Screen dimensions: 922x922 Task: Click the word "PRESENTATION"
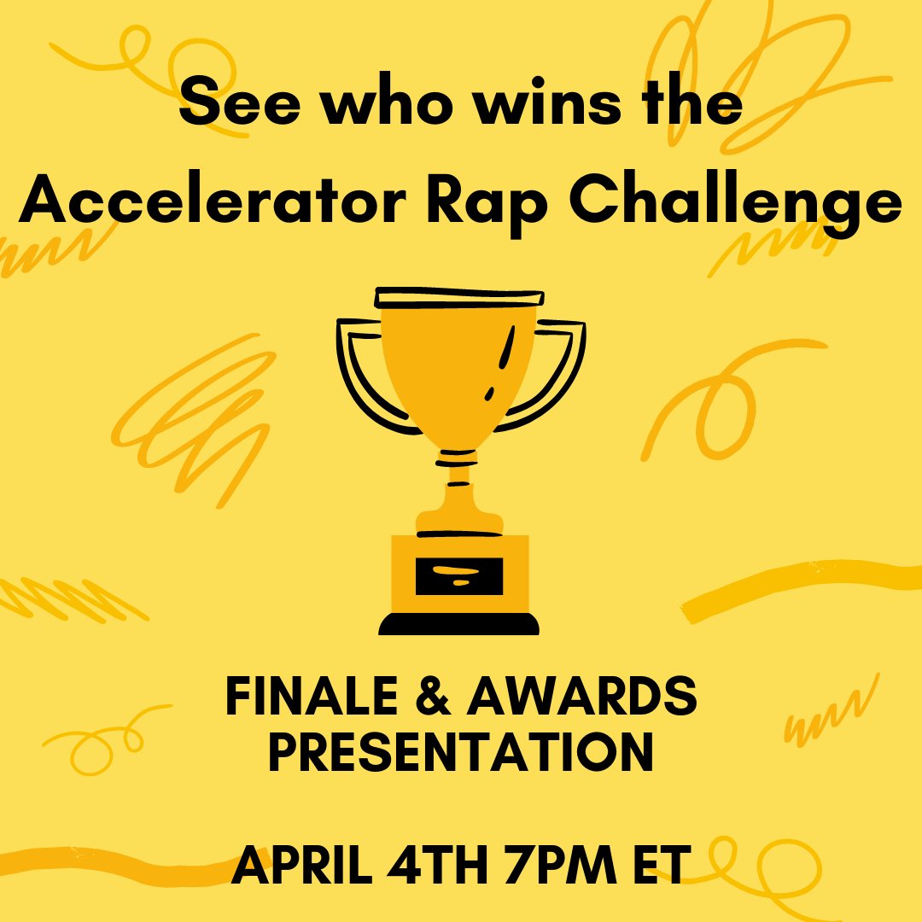tap(460, 752)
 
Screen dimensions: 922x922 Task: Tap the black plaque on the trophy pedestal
tap(459, 575)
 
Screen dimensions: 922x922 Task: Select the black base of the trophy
tap(459, 624)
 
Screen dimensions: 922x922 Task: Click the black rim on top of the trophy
tap(459, 297)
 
